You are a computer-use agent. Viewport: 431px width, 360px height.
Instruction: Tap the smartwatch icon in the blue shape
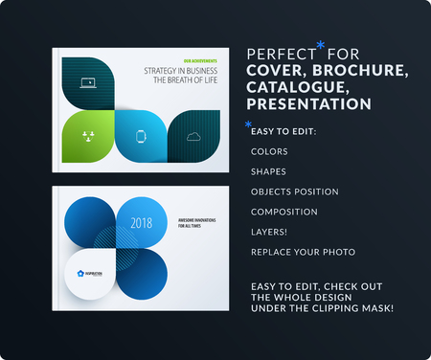point(143,135)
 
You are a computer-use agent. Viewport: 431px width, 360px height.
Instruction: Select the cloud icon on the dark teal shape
point(195,135)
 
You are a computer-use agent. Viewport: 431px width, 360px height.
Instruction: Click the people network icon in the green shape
point(88,135)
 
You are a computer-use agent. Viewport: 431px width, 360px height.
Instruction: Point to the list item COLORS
point(268,151)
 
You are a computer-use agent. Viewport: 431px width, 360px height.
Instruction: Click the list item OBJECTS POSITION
point(293,191)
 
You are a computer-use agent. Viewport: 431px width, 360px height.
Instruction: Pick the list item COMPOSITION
point(284,212)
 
